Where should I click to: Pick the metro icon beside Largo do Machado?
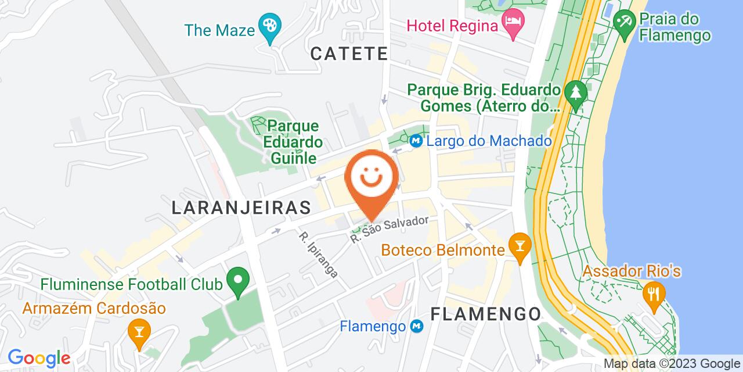(416, 141)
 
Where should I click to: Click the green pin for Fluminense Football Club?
(237, 282)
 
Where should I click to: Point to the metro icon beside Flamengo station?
(416, 327)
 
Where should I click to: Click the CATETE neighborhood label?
(349, 54)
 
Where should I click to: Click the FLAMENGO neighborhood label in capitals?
(486, 314)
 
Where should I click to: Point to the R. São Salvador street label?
(389, 230)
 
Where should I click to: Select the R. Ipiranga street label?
(318, 255)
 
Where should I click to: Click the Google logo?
(39, 357)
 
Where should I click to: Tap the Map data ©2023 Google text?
(672, 364)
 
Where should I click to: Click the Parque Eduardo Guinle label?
(293, 142)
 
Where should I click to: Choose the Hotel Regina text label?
(453, 26)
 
